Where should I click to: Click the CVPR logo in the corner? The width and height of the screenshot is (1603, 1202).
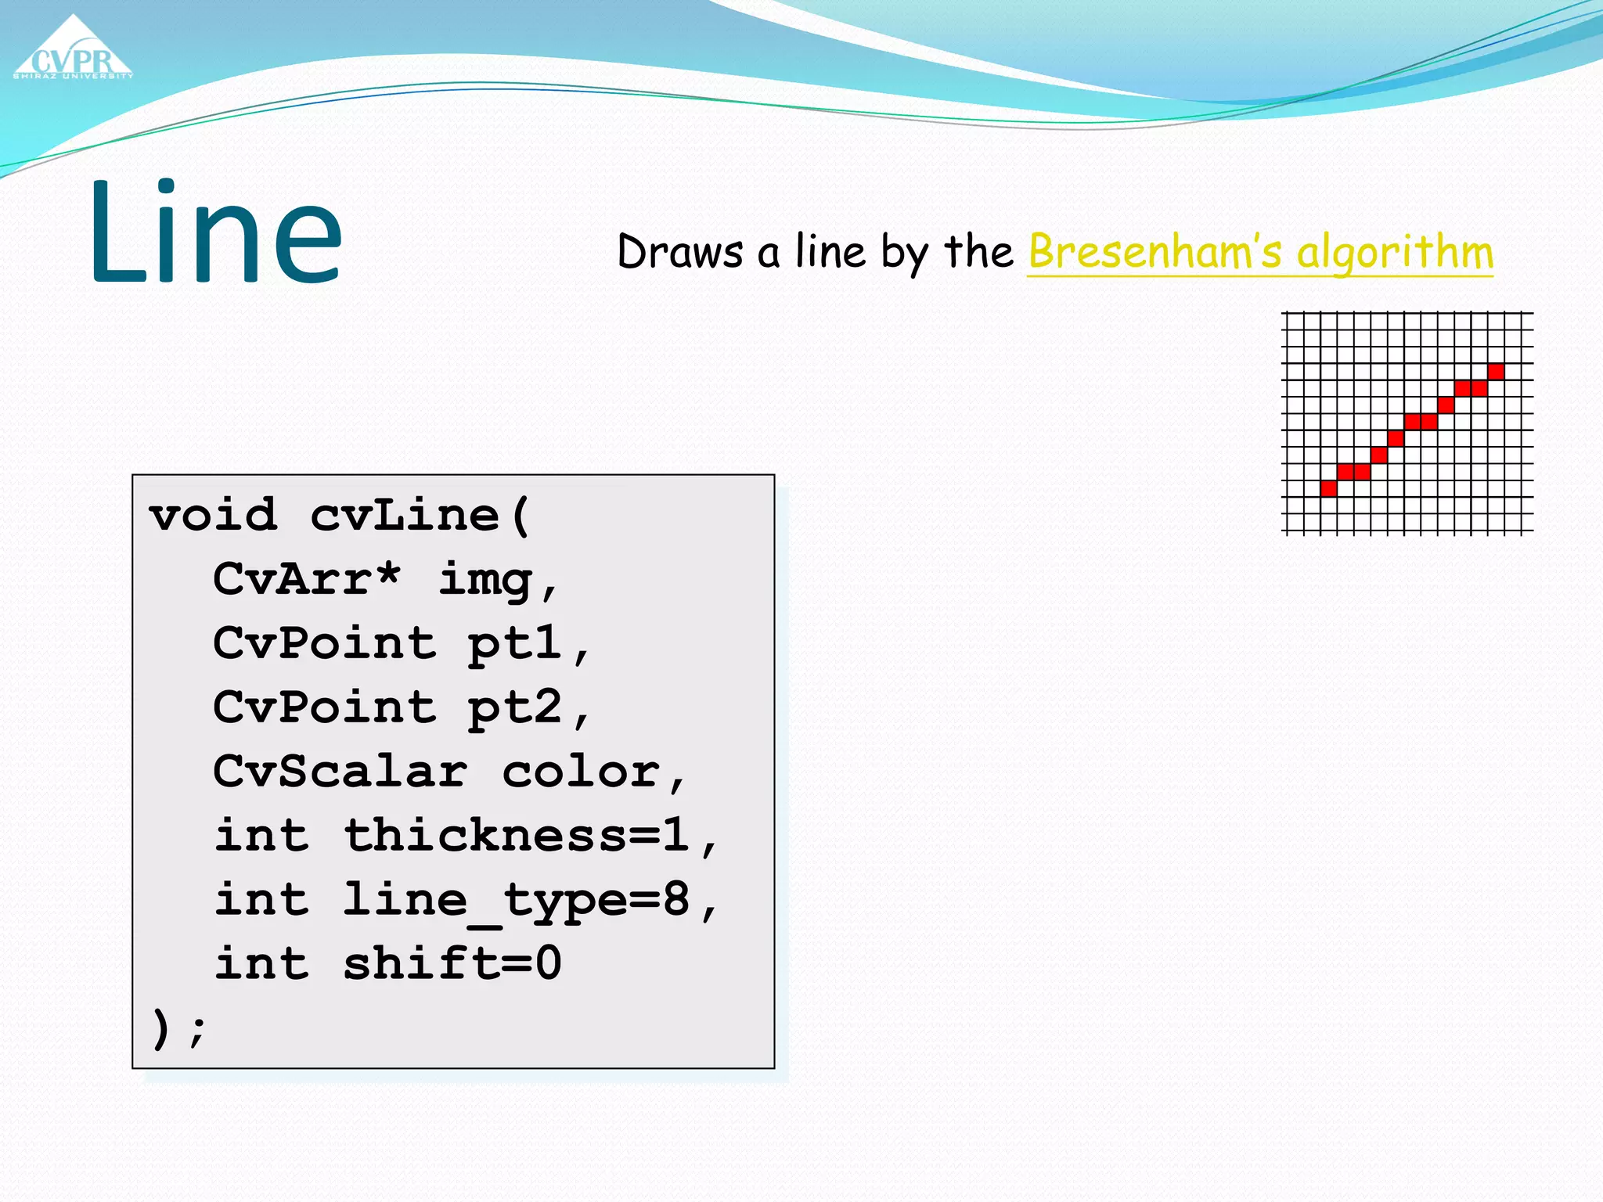click(x=73, y=51)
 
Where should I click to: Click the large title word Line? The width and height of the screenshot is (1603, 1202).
click(x=214, y=232)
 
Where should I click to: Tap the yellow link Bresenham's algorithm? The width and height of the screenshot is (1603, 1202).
click(x=1260, y=252)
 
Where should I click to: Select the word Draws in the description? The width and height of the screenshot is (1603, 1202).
click(x=679, y=252)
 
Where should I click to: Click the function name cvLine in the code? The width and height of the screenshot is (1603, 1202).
click(x=404, y=516)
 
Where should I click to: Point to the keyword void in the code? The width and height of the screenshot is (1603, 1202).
click(x=213, y=516)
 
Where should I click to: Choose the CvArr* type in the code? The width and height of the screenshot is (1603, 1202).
click(x=306, y=579)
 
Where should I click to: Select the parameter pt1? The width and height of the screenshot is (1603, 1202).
click(x=514, y=644)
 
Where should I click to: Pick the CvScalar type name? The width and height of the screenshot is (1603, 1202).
click(x=340, y=772)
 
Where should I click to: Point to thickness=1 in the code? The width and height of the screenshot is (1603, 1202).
click(x=517, y=836)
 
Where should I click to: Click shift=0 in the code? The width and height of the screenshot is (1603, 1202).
click(x=452, y=963)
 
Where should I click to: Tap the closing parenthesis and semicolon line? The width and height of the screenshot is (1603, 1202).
click(x=178, y=1027)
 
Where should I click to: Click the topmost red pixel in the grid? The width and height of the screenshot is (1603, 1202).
click(x=1496, y=372)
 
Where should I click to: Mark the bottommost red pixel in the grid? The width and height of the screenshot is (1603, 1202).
click(x=1328, y=489)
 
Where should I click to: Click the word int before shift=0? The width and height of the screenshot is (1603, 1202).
click(x=261, y=963)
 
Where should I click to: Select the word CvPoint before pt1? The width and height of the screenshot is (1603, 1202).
click(x=324, y=644)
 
